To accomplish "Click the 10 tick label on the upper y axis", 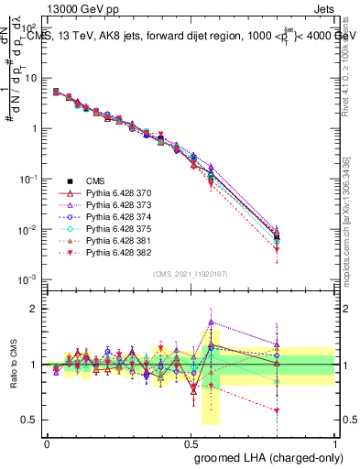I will coord(30,78).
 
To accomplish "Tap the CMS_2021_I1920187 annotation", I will coord(191,273).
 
